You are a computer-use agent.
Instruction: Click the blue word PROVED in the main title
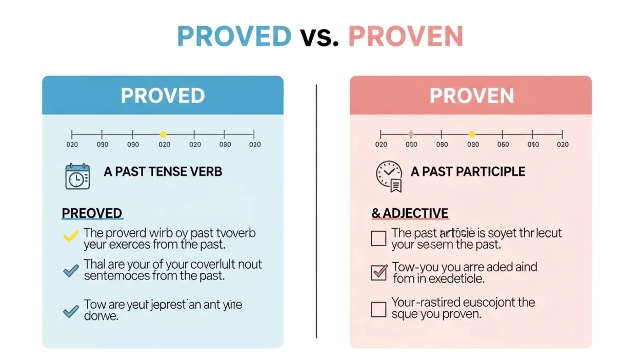[x=234, y=36]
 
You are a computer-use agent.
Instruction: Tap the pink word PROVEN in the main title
[x=405, y=36]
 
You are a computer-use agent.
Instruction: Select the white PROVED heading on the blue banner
[x=163, y=96]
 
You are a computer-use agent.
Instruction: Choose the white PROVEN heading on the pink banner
[x=471, y=96]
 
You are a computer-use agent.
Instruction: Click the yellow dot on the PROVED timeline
[x=163, y=134]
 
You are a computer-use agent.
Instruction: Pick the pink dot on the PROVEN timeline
[x=411, y=134]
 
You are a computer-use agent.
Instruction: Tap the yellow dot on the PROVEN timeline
[x=472, y=134]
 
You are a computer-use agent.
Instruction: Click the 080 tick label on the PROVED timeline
[x=225, y=145]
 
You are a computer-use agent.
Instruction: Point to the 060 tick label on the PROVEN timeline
[x=503, y=145]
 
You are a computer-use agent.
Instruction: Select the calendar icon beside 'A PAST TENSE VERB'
[x=77, y=176]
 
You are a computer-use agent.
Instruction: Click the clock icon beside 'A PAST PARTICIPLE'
[x=389, y=176]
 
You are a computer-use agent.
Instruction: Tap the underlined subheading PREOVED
[x=92, y=213]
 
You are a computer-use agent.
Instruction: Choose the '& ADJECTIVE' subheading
[x=410, y=213]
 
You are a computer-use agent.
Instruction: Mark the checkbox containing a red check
[x=378, y=272]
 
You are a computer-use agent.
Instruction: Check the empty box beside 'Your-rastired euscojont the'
[x=378, y=309]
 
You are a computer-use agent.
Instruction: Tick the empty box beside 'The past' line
[x=378, y=238]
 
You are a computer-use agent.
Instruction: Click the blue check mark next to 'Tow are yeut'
[x=70, y=310]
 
